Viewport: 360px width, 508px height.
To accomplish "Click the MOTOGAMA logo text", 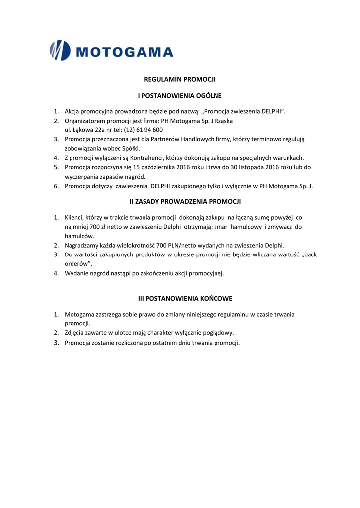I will pyautogui.click(x=125, y=52).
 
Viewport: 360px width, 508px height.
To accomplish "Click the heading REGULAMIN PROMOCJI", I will pyautogui.click(x=180, y=79).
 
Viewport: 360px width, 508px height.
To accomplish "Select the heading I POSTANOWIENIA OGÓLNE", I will pyautogui.click(x=180, y=95).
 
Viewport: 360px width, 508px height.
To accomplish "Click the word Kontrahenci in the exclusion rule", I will pyautogui.click(x=148, y=158).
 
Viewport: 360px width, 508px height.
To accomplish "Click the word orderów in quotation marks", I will pyautogui.click(x=76, y=264).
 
